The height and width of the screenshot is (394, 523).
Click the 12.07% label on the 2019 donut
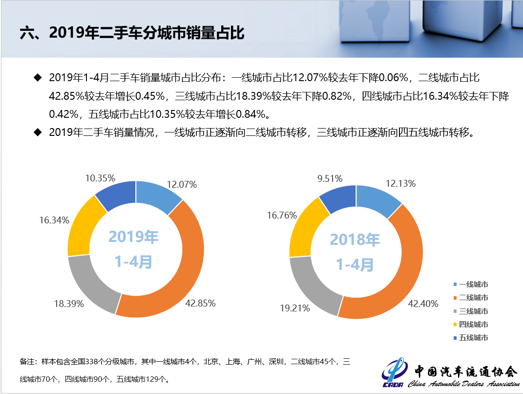pos(182,185)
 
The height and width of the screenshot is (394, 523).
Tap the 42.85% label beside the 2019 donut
pos(200,303)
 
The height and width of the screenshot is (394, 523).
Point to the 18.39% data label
pos(69,304)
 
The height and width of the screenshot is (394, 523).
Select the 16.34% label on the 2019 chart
pos(54,220)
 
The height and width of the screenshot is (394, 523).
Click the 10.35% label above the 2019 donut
pos(100,178)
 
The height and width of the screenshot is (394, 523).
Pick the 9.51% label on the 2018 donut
pos(330,178)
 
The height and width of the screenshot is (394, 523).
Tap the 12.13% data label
pos(400,184)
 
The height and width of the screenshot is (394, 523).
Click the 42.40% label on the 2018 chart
pos(423,304)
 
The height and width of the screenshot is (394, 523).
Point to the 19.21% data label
pos(295,308)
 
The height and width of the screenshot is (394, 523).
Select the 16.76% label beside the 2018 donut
pos(280,216)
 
